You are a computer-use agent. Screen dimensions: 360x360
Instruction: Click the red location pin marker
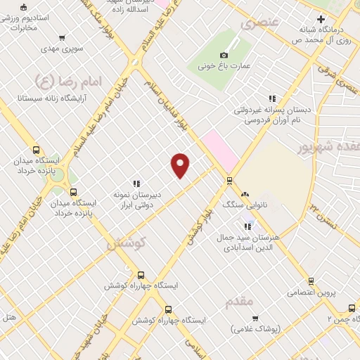point(181,165)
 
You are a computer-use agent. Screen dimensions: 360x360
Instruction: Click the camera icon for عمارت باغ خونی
point(224,55)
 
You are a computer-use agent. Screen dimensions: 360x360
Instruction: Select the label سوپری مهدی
point(61,50)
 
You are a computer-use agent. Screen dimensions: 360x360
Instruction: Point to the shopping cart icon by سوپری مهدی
point(63,39)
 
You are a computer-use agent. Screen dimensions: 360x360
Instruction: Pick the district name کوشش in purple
point(126,243)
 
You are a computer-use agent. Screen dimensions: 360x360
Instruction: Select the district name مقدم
point(239,302)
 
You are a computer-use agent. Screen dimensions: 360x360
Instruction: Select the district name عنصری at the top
point(260,23)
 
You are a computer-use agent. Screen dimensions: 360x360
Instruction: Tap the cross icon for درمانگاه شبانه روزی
point(321,19)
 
